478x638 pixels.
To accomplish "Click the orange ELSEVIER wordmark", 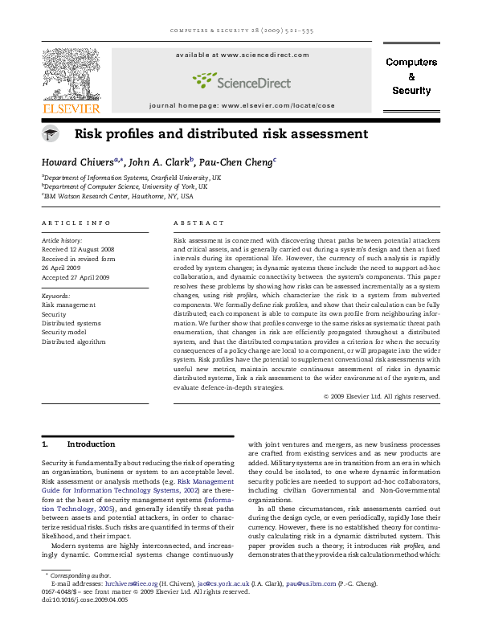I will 71,108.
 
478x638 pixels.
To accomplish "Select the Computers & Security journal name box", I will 411,76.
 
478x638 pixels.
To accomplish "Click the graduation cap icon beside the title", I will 50,134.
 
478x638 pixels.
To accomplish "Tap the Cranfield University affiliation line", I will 133,177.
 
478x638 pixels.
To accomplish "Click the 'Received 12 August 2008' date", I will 80,250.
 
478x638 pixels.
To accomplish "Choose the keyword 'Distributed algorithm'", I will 74,341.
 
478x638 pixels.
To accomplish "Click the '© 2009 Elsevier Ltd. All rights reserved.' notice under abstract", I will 381,396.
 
